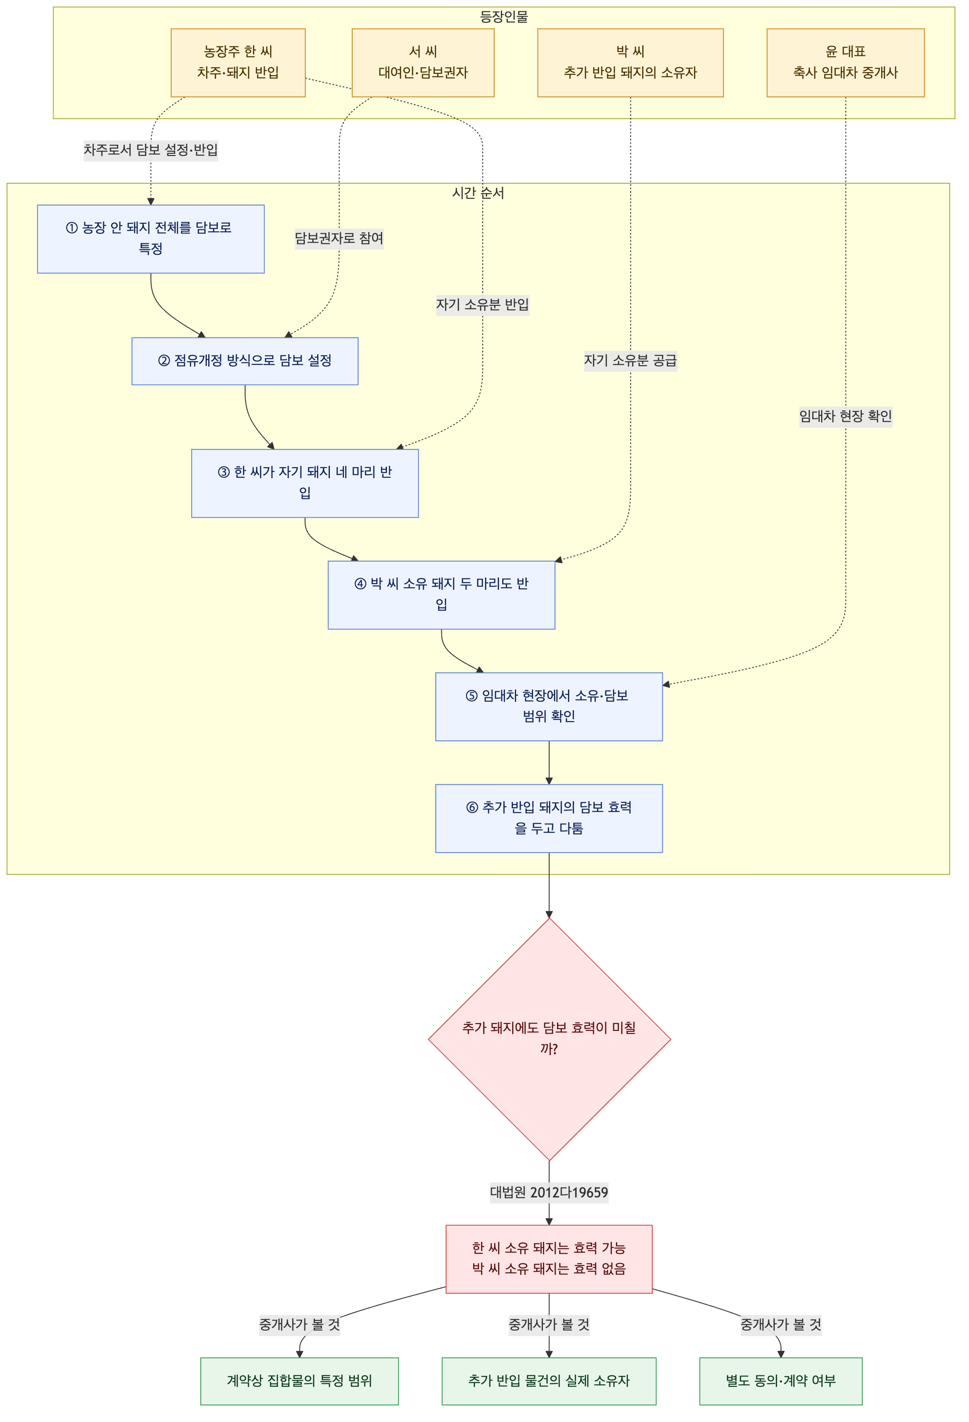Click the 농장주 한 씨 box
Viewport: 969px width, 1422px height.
click(x=238, y=62)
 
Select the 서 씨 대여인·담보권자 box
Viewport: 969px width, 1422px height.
click(x=423, y=62)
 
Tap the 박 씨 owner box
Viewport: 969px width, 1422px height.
click(x=630, y=62)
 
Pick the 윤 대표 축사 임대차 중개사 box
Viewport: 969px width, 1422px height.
click(x=846, y=62)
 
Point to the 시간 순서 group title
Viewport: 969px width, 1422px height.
click(x=478, y=193)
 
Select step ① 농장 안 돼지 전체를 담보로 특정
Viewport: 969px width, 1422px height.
click(x=151, y=239)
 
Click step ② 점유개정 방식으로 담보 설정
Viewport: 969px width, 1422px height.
click(x=245, y=361)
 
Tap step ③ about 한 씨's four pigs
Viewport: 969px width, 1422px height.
click(x=305, y=483)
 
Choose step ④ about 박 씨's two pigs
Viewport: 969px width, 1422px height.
click(x=441, y=595)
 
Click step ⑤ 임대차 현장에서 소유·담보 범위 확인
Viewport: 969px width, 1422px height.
click(x=549, y=707)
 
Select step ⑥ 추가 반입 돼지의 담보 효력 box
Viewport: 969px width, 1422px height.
click(x=549, y=818)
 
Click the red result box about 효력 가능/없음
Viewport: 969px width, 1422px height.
click(x=549, y=1259)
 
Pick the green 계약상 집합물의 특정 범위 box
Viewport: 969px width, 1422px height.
click(x=299, y=1381)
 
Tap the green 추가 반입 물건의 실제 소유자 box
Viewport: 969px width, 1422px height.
click(x=549, y=1381)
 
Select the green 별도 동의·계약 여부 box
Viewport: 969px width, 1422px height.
click(x=781, y=1381)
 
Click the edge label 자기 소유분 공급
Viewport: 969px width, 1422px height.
click(x=630, y=360)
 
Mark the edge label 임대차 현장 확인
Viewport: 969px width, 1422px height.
click(x=846, y=416)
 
